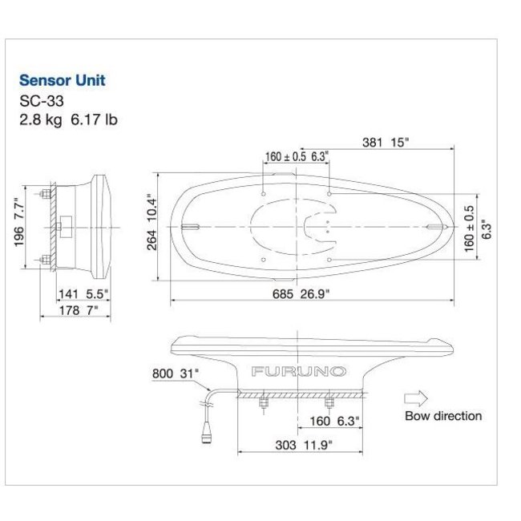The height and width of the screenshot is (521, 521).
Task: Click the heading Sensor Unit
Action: coord(63,80)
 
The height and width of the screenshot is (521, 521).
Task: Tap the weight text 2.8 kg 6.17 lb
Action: coord(68,120)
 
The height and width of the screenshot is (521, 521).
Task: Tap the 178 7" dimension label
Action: coord(77,310)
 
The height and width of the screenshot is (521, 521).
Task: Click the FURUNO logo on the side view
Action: coord(298,371)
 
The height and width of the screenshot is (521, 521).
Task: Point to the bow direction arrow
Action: coord(417,397)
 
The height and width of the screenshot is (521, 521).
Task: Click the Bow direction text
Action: coord(443,416)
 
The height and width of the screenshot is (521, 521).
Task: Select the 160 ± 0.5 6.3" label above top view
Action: coord(297,156)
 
